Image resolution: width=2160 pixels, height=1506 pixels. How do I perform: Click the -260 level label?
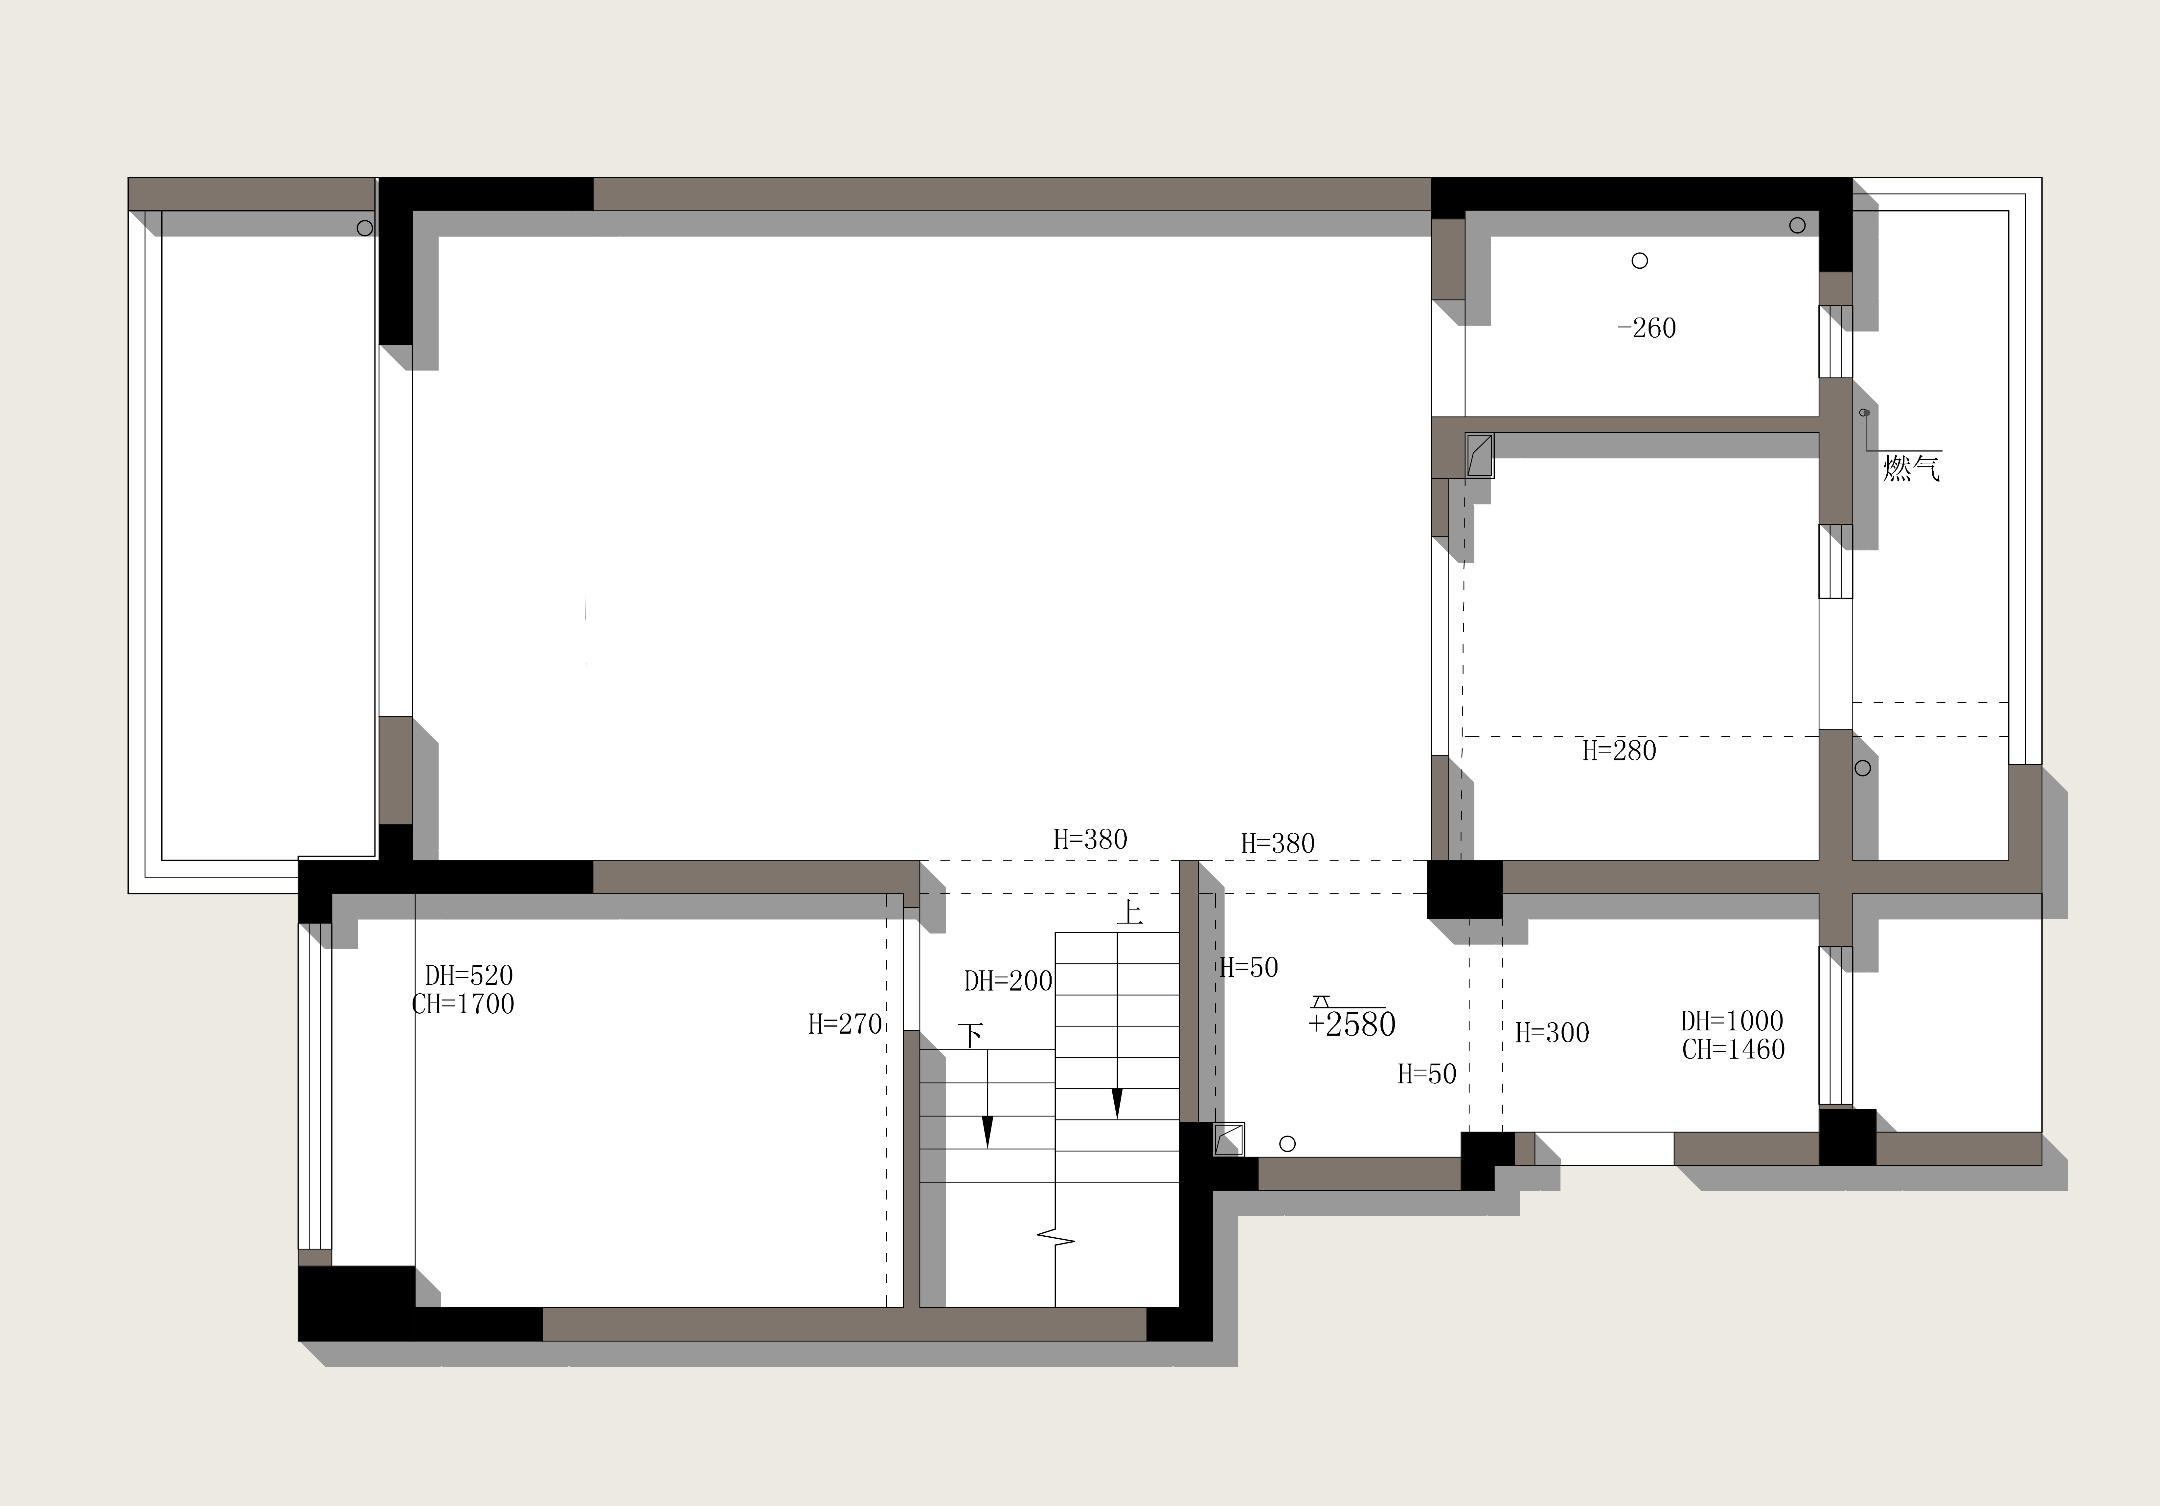tap(1646, 328)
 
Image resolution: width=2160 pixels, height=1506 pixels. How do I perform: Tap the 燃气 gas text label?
tap(1912, 467)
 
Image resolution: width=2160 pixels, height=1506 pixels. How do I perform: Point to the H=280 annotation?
tap(1619, 751)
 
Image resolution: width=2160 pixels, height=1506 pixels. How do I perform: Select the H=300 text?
tap(1552, 1033)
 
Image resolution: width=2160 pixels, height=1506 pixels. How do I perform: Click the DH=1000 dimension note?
tap(1732, 1021)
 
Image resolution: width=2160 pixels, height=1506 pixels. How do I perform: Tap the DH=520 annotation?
tap(468, 976)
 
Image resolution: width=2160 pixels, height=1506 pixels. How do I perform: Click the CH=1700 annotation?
tap(463, 1005)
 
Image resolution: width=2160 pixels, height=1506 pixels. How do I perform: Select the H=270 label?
tap(845, 1024)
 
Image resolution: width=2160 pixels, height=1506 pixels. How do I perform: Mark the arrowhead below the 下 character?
tap(987, 1133)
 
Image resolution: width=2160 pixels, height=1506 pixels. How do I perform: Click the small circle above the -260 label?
tap(1640, 260)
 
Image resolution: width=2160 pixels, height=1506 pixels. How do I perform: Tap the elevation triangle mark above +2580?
tap(1322, 1002)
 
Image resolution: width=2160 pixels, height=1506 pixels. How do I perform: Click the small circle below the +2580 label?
tap(1288, 1144)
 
